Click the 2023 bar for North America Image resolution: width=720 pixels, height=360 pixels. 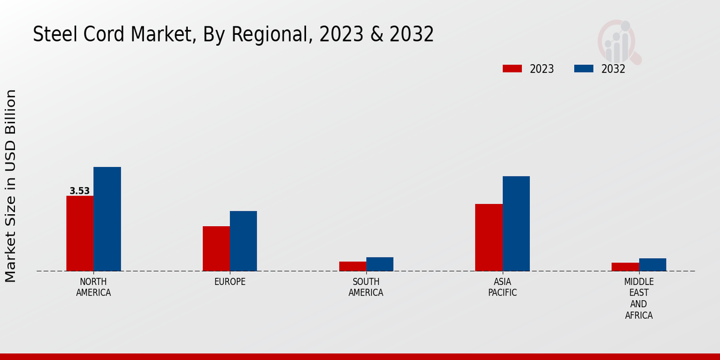point(80,233)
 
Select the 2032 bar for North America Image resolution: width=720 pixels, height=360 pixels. point(107,219)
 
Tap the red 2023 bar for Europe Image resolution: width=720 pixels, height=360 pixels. point(216,248)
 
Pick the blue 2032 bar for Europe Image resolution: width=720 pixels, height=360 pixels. point(243,241)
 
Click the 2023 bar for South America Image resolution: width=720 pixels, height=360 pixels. point(352,266)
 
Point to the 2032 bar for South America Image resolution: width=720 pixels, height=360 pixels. point(380,264)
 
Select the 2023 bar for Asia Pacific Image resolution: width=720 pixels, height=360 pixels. point(488,238)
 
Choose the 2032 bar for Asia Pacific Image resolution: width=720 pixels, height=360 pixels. point(516,224)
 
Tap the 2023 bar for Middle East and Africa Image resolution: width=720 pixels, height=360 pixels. point(625,267)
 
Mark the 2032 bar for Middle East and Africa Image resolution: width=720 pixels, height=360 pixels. point(652,265)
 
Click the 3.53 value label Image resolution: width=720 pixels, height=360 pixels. point(80,191)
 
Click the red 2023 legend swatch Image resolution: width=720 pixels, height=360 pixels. point(512,69)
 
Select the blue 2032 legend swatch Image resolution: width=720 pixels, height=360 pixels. point(583,69)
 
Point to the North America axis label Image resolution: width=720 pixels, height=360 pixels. point(94,287)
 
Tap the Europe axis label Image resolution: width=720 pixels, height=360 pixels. point(230,282)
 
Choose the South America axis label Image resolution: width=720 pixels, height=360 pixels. point(366,287)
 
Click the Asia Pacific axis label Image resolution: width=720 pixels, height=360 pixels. point(502,287)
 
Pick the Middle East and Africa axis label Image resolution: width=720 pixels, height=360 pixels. point(639,298)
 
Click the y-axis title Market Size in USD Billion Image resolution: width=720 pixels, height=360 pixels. point(11,186)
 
